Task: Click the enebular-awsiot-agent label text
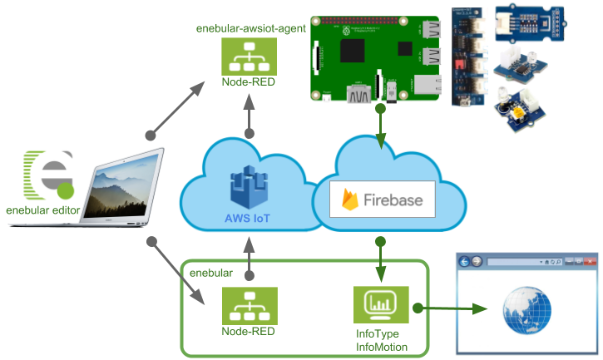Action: (x=248, y=28)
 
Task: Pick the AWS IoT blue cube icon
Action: (x=249, y=184)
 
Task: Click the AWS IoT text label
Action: (x=248, y=218)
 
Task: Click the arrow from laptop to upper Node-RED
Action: (x=179, y=107)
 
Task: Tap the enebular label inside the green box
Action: (x=211, y=272)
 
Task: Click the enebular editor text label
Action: (x=42, y=210)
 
